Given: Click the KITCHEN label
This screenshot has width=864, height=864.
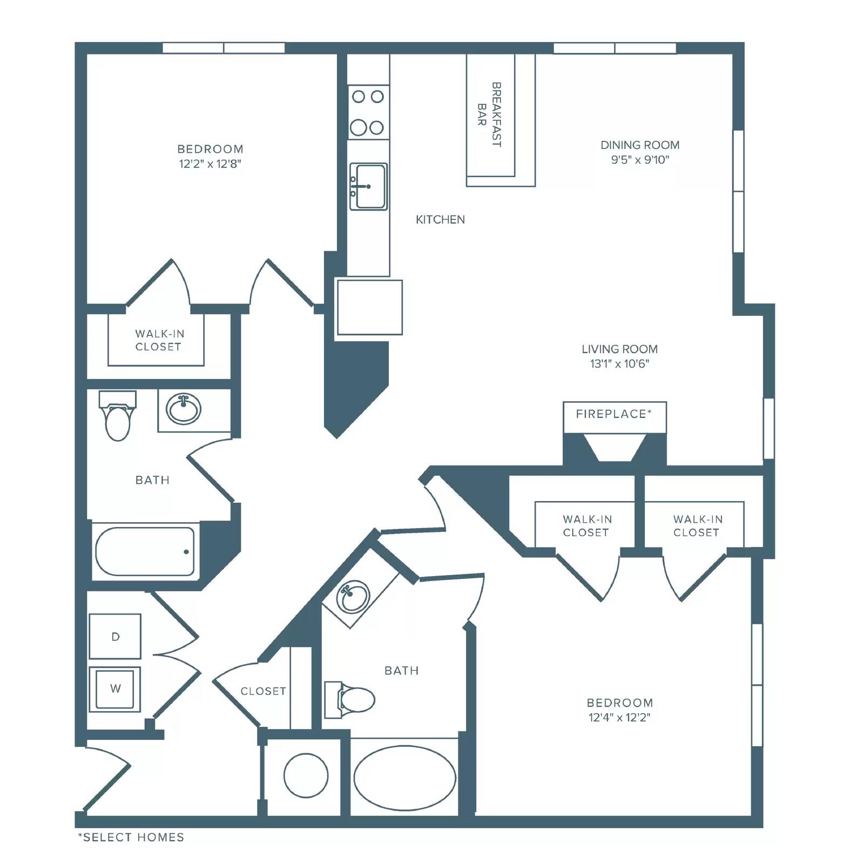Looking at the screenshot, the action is coord(440,219).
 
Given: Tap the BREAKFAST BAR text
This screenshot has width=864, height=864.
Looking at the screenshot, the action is coord(489,114).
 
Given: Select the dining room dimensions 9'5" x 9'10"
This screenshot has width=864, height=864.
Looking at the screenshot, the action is coord(640,160).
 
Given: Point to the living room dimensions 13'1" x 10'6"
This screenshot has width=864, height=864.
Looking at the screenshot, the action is coord(619,364).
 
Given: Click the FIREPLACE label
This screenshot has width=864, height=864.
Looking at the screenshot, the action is coord(613,414).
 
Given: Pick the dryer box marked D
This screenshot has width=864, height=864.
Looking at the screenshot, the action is coord(115,636).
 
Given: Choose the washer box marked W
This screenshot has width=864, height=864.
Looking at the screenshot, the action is coord(115,689).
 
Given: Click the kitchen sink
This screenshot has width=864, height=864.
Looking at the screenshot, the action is coord(368,186).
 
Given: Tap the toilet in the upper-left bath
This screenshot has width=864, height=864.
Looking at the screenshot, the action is coord(118,416).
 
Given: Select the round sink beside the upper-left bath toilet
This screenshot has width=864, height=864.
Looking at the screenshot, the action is coord(184,409).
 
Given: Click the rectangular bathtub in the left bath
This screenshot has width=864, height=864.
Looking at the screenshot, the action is coord(145,551).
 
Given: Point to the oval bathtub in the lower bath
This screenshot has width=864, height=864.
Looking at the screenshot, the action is coord(404,778).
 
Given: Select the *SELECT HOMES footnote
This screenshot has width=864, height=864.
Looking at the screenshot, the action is coord(131,838).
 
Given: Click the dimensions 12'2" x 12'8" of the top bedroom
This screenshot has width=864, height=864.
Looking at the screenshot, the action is coord(210,164).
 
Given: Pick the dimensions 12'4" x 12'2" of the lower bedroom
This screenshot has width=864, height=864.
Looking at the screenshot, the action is coord(619,718).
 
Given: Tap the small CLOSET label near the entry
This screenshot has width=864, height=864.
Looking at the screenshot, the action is coord(263,691).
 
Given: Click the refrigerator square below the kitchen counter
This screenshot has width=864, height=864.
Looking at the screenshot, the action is coord(369,307).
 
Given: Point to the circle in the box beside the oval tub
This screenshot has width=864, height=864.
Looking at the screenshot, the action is coord(306,775).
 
